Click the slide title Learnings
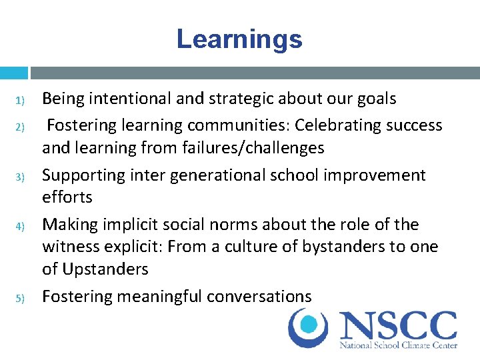(x=239, y=39)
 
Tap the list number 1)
(x=20, y=101)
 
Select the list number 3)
(x=20, y=177)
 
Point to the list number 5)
(x=20, y=297)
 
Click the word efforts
(x=67, y=197)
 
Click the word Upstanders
(x=105, y=269)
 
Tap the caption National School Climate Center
(x=399, y=345)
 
